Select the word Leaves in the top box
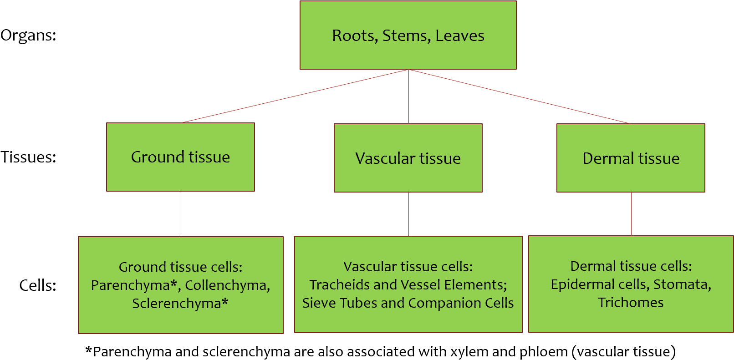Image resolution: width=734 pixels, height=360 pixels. click(459, 35)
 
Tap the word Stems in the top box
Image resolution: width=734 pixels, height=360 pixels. click(406, 35)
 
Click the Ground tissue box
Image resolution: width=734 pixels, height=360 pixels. click(180, 157)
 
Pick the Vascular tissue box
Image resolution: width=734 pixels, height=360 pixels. click(408, 158)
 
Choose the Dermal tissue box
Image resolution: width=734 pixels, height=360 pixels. click(631, 158)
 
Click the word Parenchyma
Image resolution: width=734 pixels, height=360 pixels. click(130, 285)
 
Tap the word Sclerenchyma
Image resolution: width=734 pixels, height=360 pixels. click(176, 304)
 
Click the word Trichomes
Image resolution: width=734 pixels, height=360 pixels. click(631, 303)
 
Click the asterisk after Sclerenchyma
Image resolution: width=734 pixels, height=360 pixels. click(225, 302)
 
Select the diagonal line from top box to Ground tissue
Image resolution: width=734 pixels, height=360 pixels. click(295, 96)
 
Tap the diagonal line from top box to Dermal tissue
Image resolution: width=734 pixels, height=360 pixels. click(519, 96)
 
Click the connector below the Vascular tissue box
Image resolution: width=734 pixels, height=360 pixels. click(408, 214)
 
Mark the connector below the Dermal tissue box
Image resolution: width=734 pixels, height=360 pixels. click(631, 214)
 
